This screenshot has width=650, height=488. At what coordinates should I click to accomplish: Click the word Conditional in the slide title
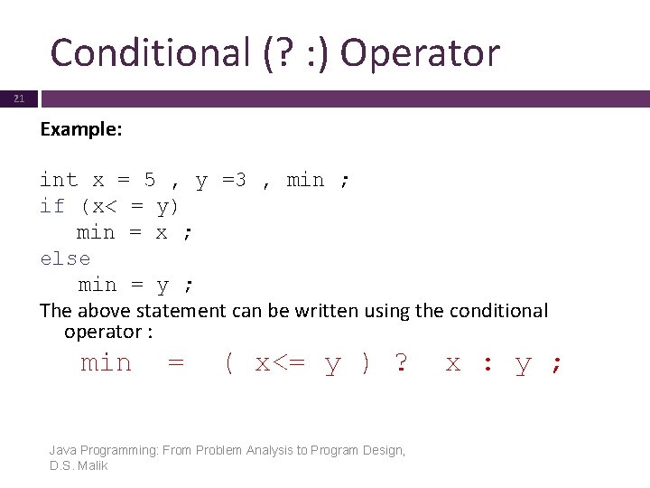pyautogui.click(x=144, y=52)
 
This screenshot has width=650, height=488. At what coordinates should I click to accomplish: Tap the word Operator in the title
pyautogui.click(x=420, y=52)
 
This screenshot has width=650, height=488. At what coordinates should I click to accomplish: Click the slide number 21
pyautogui.click(x=19, y=99)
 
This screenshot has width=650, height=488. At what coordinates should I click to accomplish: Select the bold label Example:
pyautogui.click(x=81, y=129)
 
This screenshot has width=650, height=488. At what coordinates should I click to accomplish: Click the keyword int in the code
pyautogui.click(x=59, y=180)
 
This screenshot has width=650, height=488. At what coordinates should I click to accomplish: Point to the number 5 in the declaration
pyautogui.click(x=151, y=180)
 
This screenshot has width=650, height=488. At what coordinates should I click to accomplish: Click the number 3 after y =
pyautogui.click(x=239, y=180)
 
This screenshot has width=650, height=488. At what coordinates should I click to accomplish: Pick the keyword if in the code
pyautogui.click(x=52, y=206)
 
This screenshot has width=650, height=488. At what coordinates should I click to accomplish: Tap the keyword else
pyautogui.click(x=65, y=258)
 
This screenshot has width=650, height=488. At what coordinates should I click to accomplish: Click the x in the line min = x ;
pyautogui.click(x=162, y=232)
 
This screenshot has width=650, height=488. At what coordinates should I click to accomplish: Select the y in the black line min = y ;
pyautogui.click(x=162, y=286)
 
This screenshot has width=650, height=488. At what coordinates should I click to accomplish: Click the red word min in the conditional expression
pyautogui.click(x=106, y=363)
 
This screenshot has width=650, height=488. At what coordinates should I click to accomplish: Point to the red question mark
pyautogui.click(x=401, y=363)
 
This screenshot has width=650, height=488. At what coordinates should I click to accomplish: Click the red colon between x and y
pyautogui.click(x=487, y=364)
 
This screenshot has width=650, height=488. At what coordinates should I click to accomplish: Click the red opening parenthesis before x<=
pyautogui.click(x=229, y=363)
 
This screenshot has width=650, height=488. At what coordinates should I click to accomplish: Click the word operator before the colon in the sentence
pyautogui.click(x=102, y=332)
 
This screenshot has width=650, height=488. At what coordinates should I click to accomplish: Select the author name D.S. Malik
pyautogui.click(x=79, y=465)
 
